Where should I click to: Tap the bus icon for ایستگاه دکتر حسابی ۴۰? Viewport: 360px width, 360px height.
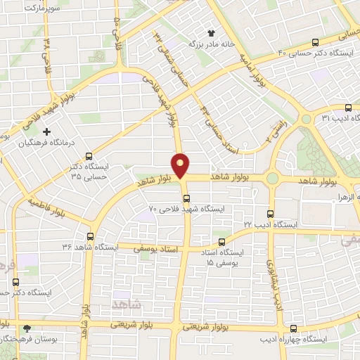pyautogui.click(x=316, y=41)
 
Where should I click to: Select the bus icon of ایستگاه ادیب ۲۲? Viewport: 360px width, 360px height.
pyautogui.click(x=271, y=214)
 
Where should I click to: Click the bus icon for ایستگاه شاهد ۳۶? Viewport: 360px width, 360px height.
pyautogui.click(x=90, y=237)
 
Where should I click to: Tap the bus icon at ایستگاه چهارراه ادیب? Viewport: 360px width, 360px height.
pyautogui.click(x=293, y=328)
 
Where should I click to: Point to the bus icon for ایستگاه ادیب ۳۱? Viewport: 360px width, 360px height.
pyautogui.click(x=349, y=107)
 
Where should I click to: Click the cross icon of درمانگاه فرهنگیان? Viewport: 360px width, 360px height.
pyautogui.click(x=47, y=131)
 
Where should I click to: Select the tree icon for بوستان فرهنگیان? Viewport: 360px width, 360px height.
pyautogui.click(x=27, y=328)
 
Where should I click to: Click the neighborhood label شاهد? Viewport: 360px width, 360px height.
pyautogui.click(x=127, y=303)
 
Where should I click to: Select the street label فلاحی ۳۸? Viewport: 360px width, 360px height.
pyautogui.click(x=46, y=51)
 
